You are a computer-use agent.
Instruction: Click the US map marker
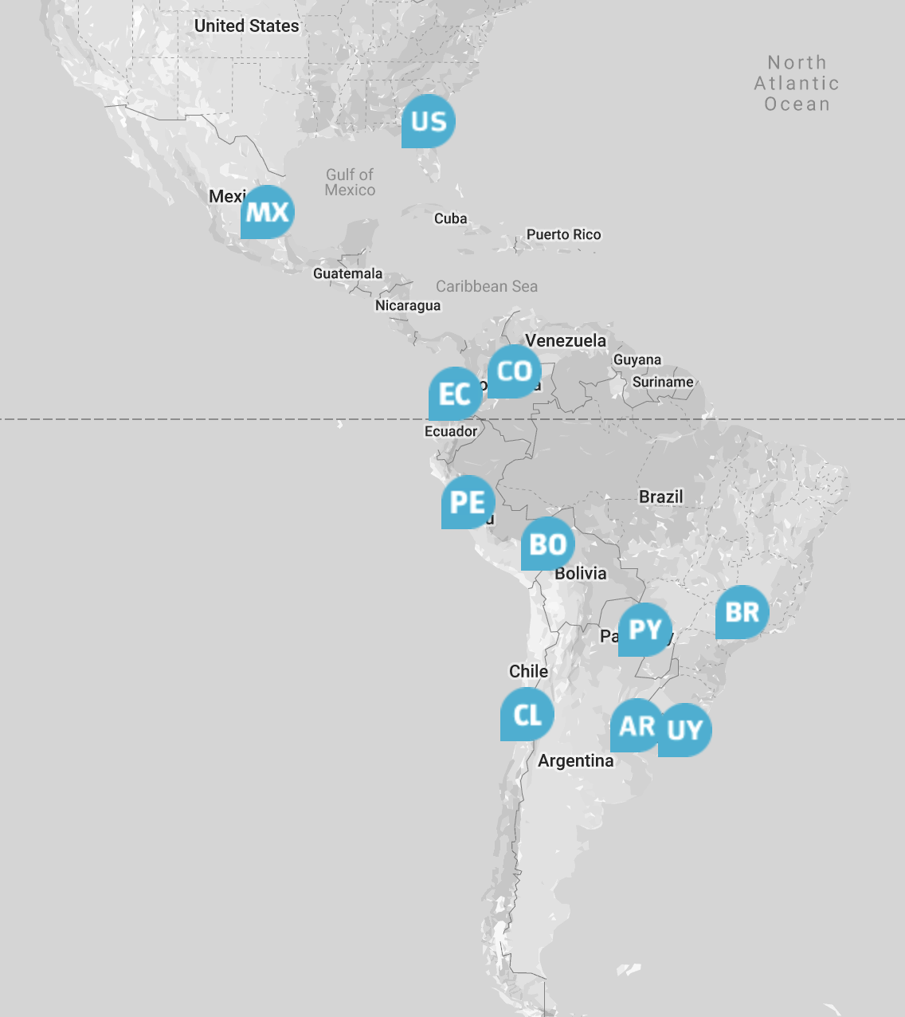point(429,121)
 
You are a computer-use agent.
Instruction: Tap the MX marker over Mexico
point(268,212)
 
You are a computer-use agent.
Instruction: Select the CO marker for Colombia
point(515,371)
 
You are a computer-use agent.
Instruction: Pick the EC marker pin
point(455,394)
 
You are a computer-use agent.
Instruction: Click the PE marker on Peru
point(468,502)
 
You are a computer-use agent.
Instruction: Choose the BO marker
point(548,544)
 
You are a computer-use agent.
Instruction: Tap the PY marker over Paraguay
point(645,630)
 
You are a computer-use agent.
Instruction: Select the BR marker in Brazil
point(742,612)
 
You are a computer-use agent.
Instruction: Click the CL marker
point(527,714)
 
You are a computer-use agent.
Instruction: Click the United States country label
point(247,26)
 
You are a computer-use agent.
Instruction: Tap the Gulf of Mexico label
point(350,182)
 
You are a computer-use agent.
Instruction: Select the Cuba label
point(451,218)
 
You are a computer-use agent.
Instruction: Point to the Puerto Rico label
point(564,234)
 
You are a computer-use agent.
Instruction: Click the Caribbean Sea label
point(487,286)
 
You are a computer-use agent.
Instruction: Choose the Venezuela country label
point(566,340)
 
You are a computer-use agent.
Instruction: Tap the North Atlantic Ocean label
point(797,83)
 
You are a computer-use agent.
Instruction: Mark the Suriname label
point(663,382)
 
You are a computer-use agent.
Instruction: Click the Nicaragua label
point(408,305)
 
